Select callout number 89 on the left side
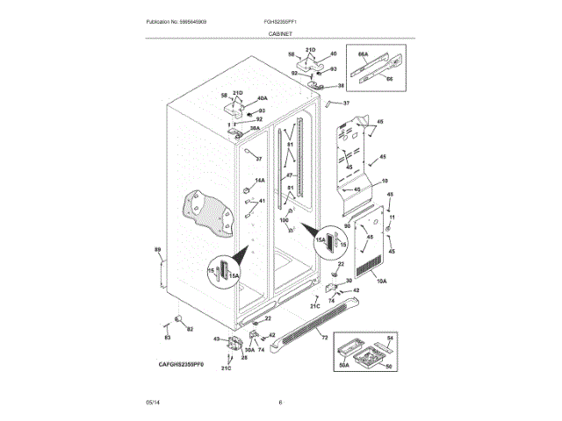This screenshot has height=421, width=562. pyautogui.click(x=158, y=252)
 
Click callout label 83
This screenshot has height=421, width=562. pyautogui.click(x=166, y=338)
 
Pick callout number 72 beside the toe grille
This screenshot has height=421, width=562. pyautogui.click(x=324, y=338)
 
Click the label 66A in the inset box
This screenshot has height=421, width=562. pyautogui.click(x=362, y=54)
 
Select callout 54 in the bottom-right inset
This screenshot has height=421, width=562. pyautogui.click(x=392, y=338)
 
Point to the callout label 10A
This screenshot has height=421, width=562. pyautogui.click(x=381, y=281)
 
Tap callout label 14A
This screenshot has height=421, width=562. pyautogui.click(x=259, y=181)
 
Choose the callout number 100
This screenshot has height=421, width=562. pyautogui.click(x=284, y=219)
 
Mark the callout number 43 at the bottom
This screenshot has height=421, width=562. pyautogui.click(x=216, y=339)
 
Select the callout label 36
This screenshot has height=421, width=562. pyautogui.click(x=342, y=86)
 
